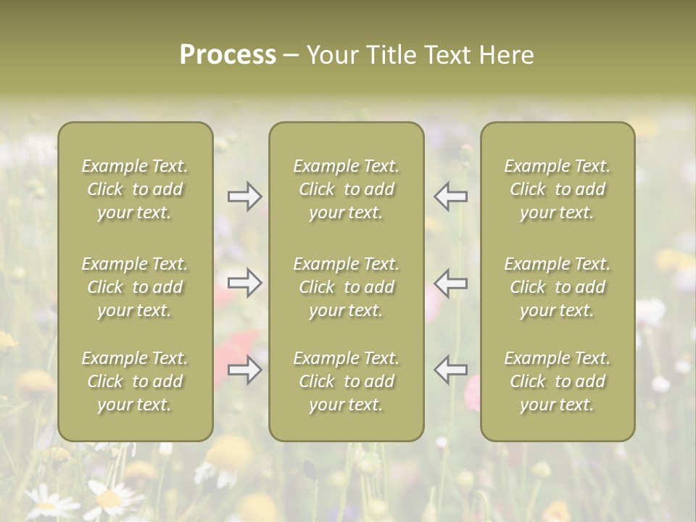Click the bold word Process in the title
click(228, 55)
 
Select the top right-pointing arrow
click(245, 196)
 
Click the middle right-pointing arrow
click(245, 283)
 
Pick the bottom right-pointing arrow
click(245, 369)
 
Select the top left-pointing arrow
click(450, 196)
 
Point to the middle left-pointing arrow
click(450, 283)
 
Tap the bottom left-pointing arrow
click(450, 369)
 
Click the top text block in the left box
click(135, 189)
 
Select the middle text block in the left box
click(135, 287)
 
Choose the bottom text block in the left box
click(135, 381)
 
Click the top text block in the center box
click(347, 189)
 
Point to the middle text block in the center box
click(347, 287)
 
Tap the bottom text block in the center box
click(347, 381)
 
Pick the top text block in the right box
click(558, 189)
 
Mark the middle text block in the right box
click(558, 287)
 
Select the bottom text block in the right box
click(558, 381)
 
